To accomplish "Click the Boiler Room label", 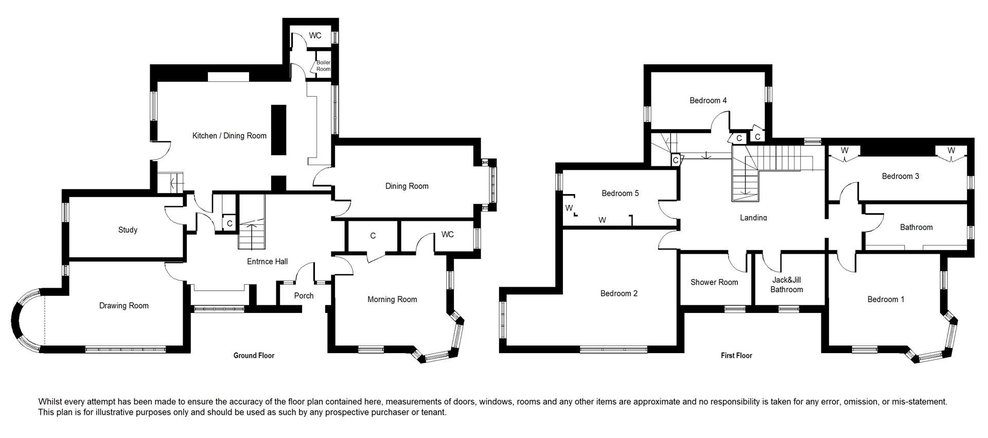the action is tap(323, 66).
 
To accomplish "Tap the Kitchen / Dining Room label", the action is tap(230, 136).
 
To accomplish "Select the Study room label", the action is tap(128, 230).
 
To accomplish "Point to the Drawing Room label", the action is tap(124, 306).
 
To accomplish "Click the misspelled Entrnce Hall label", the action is tap(267, 261).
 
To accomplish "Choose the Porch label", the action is tap(304, 296).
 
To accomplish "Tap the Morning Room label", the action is tap(392, 300).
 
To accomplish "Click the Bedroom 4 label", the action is tap(708, 100).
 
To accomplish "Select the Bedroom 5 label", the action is tap(620, 194).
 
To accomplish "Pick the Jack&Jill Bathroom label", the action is tap(786, 285).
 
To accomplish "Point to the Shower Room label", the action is tap(714, 282).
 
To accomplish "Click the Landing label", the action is tap(753, 218).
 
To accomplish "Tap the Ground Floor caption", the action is tap(254, 356).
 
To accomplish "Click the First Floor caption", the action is tap(736, 356).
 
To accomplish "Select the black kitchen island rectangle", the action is tap(278, 130).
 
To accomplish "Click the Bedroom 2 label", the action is tap(619, 293).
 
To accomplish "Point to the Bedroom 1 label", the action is tap(886, 300).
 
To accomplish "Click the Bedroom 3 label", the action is tap(901, 176).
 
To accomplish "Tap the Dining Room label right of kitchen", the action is tap(407, 186).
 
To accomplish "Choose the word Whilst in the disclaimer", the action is tap(50, 401).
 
